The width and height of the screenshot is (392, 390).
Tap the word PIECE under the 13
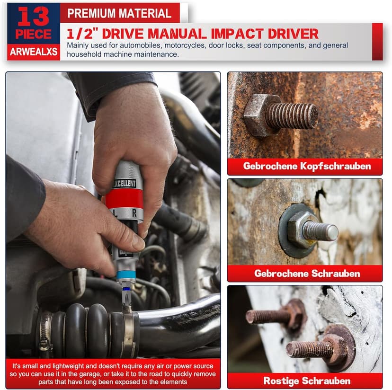click(x=33, y=35)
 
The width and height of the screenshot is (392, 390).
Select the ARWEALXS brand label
click(x=33, y=52)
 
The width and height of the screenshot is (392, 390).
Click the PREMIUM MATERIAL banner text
click(x=119, y=13)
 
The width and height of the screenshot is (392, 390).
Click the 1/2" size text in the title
click(x=81, y=34)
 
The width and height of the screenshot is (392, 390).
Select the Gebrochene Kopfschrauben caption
click(x=307, y=166)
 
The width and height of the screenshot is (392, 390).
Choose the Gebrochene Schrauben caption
click(x=307, y=273)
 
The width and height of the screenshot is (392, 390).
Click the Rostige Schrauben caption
click(x=307, y=381)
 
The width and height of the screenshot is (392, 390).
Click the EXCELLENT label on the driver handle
click(x=125, y=183)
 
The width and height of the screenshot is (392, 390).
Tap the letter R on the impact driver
click(x=135, y=213)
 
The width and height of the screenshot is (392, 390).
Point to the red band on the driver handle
click(x=124, y=198)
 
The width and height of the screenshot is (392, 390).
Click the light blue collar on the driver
click(x=126, y=275)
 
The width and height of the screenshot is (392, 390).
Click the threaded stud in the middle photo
click(x=321, y=231)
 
